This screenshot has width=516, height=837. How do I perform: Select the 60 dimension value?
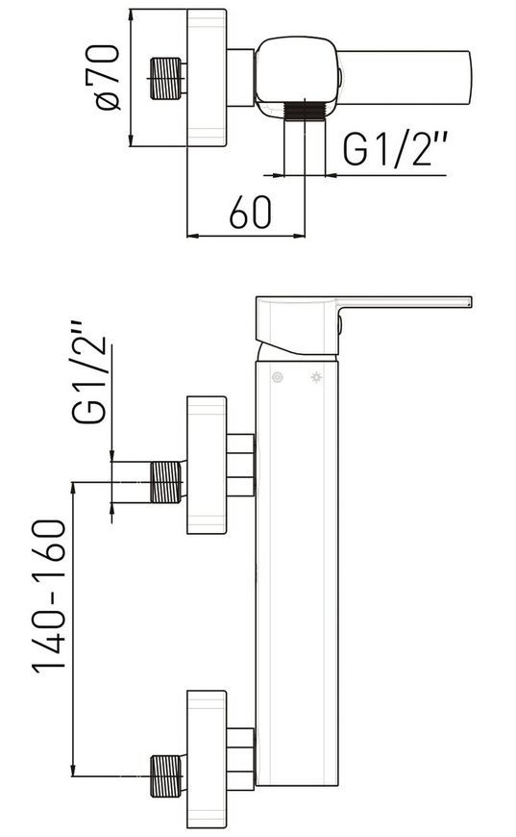pos(250,212)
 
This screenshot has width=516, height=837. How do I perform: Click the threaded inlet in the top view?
pos(166,79)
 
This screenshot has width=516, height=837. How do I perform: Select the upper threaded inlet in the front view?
pos(166,482)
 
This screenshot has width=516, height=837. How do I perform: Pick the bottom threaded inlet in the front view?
pos(166,776)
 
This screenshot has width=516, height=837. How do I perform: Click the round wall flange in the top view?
pos(207,77)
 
